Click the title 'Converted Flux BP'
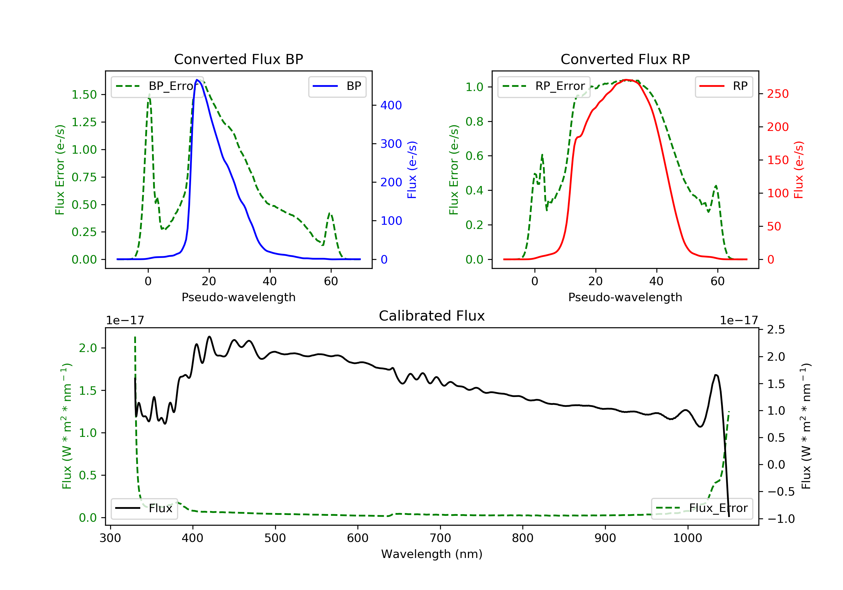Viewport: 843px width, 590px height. (x=238, y=59)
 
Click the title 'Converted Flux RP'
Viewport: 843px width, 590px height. (x=625, y=59)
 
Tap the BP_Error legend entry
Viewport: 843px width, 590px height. (x=157, y=86)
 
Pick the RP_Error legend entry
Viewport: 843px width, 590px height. (x=544, y=86)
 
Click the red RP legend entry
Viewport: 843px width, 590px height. (x=724, y=86)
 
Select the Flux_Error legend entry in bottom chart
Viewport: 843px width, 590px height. (x=702, y=508)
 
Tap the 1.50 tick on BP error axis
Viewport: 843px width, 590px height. (x=84, y=95)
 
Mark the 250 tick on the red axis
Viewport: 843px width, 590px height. (x=778, y=94)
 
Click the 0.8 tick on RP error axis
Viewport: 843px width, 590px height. (x=474, y=122)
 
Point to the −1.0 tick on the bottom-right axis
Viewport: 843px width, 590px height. (x=781, y=519)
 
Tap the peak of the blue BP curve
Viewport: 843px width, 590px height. (x=197, y=80)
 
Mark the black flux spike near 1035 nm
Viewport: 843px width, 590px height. (x=716, y=375)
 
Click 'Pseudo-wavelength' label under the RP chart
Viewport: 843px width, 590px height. (x=625, y=297)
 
